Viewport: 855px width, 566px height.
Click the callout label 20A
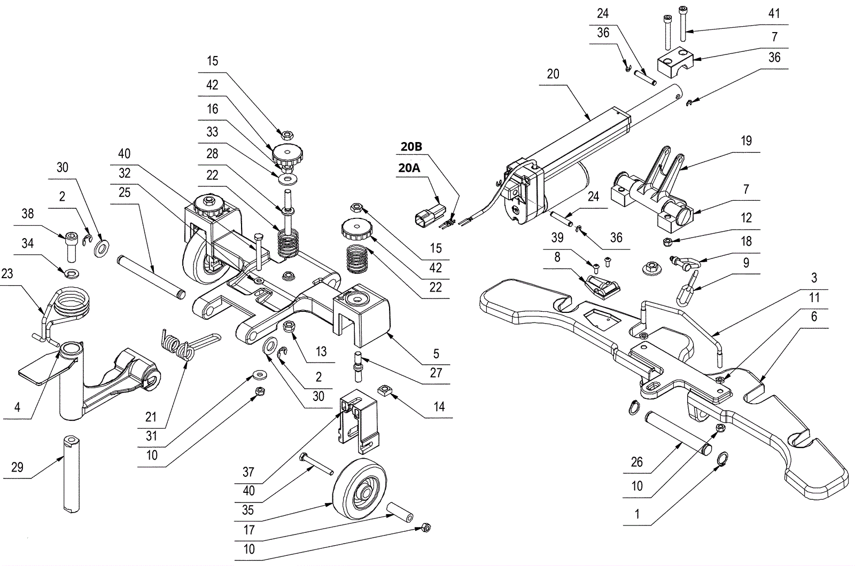click(409, 168)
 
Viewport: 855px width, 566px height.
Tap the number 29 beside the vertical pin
click(17, 468)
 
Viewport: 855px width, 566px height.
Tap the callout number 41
click(774, 14)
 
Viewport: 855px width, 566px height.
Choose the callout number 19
click(747, 141)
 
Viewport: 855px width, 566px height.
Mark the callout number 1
click(637, 515)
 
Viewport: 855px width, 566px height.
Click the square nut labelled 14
click(386, 391)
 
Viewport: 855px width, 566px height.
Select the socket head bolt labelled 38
click(71, 245)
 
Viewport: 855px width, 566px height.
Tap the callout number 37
click(248, 472)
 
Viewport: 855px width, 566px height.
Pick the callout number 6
click(814, 317)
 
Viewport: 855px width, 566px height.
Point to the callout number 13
click(321, 351)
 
